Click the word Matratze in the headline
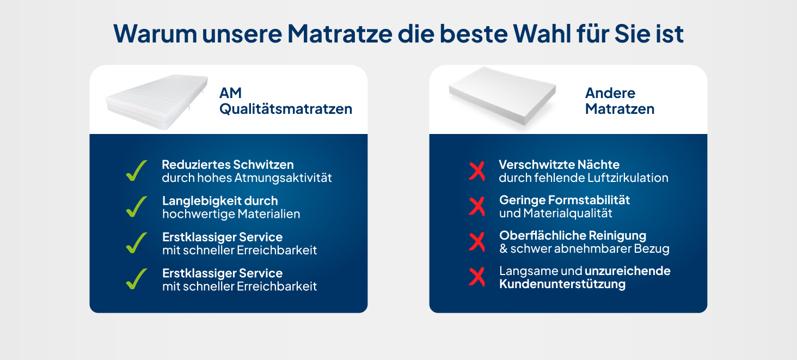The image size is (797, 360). click(x=340, y=34)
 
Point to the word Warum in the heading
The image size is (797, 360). click(x=155, y=34)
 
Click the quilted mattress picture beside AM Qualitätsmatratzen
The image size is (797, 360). click(x=157, y=102)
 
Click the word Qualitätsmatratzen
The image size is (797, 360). click(x=286, y=109)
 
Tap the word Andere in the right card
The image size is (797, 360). click(x=610, y=93)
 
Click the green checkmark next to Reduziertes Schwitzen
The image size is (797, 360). click(x=136, y=170)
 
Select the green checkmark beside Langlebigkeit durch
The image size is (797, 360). click(x=136, y=206)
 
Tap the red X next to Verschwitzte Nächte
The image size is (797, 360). click(x=477, y=171)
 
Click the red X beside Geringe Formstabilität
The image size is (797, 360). click(x=477, y=206)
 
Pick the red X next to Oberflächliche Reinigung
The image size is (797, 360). click(x=477, y=242)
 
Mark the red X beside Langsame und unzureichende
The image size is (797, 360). click(x=477, y=277)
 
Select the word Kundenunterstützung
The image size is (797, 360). click(x=562, y=284)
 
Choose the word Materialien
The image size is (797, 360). click(x=268, y=213)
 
